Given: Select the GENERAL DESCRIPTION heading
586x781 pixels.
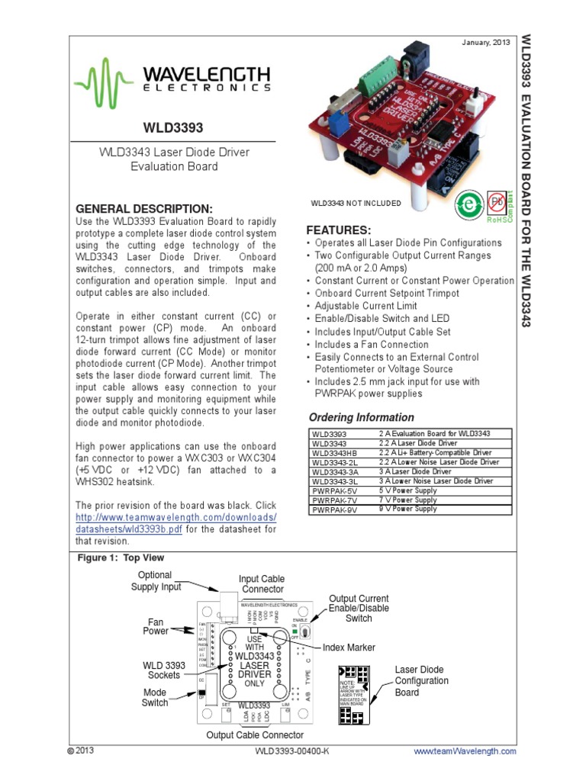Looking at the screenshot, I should pos(144,209).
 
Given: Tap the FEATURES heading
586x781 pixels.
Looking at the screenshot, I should pos(338,230).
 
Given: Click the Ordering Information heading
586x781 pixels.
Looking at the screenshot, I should pos(361,417).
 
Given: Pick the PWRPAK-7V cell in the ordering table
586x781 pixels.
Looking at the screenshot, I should pos(334,500).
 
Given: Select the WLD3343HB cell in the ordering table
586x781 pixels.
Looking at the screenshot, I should pos(334,452).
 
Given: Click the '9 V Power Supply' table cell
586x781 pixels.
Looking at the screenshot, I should pos(408,509).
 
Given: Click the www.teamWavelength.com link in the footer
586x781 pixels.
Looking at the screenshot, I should pos(465,751).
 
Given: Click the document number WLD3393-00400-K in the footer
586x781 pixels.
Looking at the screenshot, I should pos(291,751).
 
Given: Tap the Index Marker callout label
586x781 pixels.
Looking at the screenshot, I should pos(347,648).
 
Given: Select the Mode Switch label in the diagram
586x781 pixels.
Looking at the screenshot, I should pos(155,697).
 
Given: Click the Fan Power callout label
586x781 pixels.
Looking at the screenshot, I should pos(156,626).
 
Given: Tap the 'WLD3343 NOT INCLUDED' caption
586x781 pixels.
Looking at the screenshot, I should pos(355,203).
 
